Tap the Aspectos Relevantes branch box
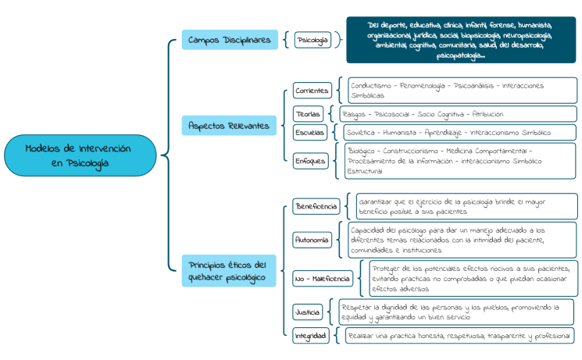[230, 125]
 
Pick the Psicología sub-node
[312, 40]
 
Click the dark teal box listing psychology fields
[461, 40]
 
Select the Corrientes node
[312, 91]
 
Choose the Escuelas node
[310, 133]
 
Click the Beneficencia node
[316, 207]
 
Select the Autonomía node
[311, 240]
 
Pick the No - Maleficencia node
[320, 277]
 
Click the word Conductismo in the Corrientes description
[372, 85]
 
